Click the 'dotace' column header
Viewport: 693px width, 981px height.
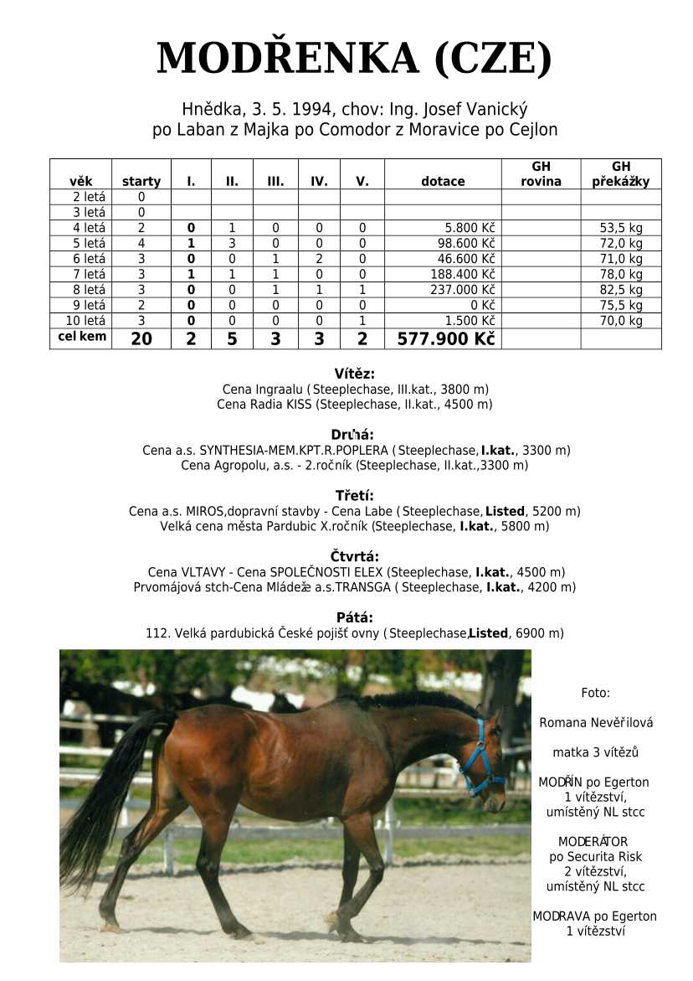tap(443, 181)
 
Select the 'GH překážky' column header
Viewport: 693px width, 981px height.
tap(620, 173)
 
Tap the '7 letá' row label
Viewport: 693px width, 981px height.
tap(81, 274)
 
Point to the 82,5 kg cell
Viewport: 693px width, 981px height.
tap(621, 289)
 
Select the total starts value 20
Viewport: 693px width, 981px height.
tap(141, 338)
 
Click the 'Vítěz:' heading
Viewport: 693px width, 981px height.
tap(354, 374)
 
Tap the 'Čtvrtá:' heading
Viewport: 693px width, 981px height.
tap(354, 556)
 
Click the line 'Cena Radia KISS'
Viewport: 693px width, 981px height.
tap(354, 405)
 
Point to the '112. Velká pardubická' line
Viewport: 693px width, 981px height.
tap(354, 633)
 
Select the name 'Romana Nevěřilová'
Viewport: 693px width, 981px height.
tap(596, 722)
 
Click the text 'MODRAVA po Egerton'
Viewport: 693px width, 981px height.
tap(595, 916)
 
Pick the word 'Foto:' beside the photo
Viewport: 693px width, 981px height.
tap(595, 693)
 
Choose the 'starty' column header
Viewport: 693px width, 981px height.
tap(141, 181)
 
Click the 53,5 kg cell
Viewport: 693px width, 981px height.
tap(621, 228)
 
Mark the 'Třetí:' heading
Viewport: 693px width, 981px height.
tap(354, 495)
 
